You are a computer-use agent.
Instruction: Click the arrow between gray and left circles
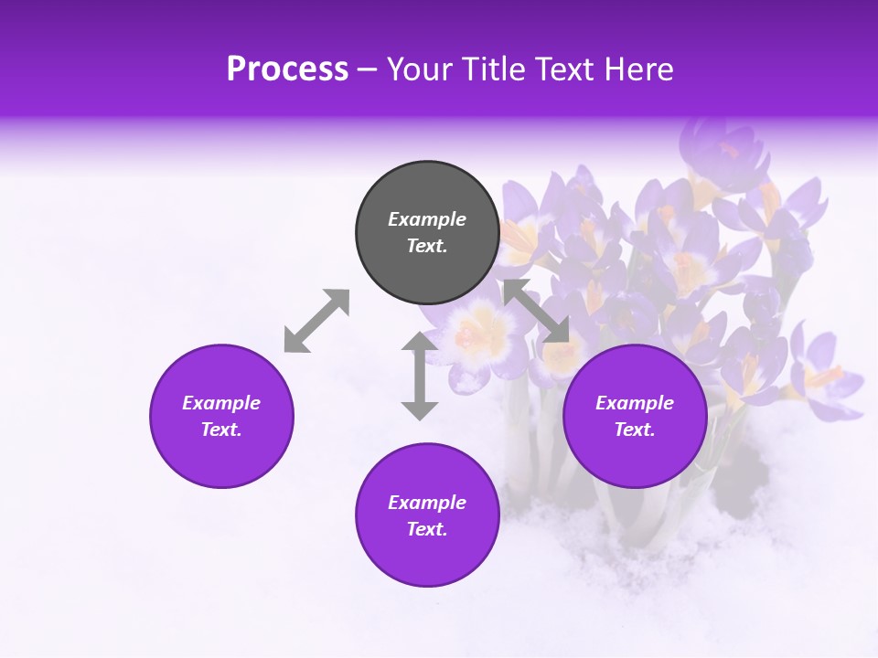[x=316, y=321]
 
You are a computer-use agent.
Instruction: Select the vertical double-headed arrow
[x=420, y=376]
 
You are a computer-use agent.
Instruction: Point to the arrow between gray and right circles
[x=536, y=312]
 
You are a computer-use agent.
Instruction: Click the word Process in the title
[x=287, y=69]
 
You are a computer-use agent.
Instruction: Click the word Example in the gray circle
[x=427, y=219]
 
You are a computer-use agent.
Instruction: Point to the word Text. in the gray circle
[x=427, y=246]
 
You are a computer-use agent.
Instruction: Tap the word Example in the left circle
[x=221, y=403]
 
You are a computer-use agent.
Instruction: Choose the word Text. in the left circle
[x=221, y=430]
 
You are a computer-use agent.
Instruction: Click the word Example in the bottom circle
[x=427, y=503]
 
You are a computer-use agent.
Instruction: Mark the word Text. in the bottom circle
[x=427, y=529]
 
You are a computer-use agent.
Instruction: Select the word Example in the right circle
[x=635, y=403]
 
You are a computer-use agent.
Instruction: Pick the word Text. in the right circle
[x=635, y=430]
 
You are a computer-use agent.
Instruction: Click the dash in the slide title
[x=368, y=69]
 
